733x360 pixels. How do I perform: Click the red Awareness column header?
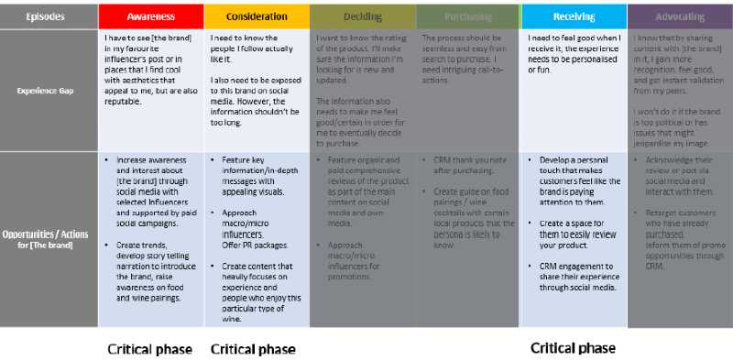tap(151, 16)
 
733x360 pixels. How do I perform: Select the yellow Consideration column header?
tap(256, 16)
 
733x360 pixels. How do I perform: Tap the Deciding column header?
tap(363, 16)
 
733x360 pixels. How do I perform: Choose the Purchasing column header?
tap(468, 16)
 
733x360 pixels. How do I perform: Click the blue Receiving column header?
tap(574, 16)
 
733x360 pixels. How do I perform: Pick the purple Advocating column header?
tap(680, 16)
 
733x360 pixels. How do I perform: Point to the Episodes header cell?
tap(45, 16)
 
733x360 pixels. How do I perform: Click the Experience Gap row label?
tap(45, 91)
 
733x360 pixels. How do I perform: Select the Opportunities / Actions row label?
tap(45, 239)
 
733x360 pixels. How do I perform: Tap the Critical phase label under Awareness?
tap(150, 349)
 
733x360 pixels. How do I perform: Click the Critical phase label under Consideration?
tap(253, 349)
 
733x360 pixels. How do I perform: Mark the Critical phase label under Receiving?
tap(574, 348)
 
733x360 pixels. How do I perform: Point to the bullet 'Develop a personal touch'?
tap(577, 175)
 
